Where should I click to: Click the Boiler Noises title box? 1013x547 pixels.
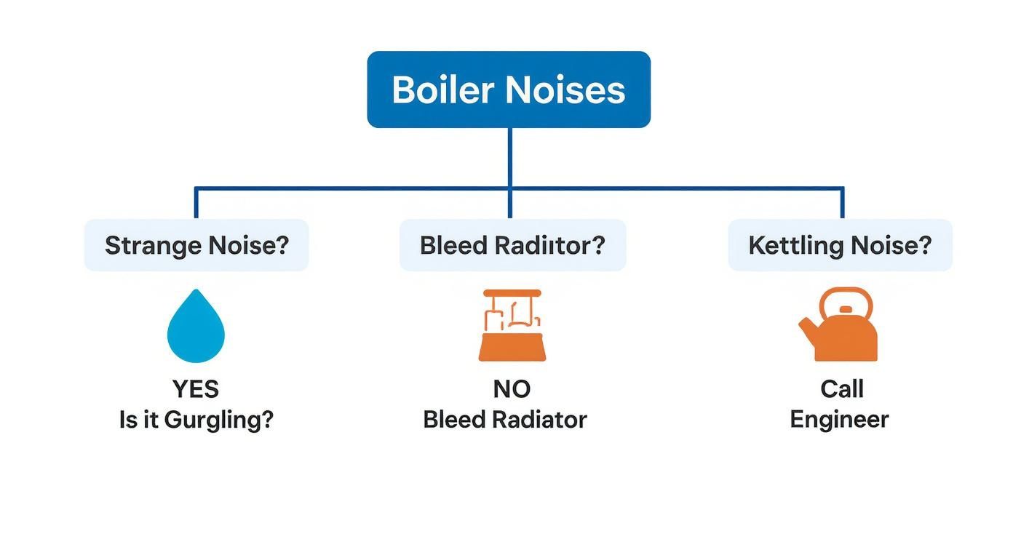coord(508,89)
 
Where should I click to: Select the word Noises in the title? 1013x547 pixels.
coord(565,90)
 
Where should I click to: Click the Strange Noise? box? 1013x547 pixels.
coord(196,245)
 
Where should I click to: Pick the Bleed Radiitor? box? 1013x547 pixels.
coord(512,245)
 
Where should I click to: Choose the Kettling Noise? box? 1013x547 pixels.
coord(840,245)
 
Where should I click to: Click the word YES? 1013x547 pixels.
coord(196,389)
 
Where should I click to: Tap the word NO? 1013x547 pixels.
coord(511,389)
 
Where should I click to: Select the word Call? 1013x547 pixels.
coord(841,389)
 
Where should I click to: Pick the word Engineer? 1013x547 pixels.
coord(839,420)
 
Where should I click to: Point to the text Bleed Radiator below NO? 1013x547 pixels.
coord(504,420)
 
